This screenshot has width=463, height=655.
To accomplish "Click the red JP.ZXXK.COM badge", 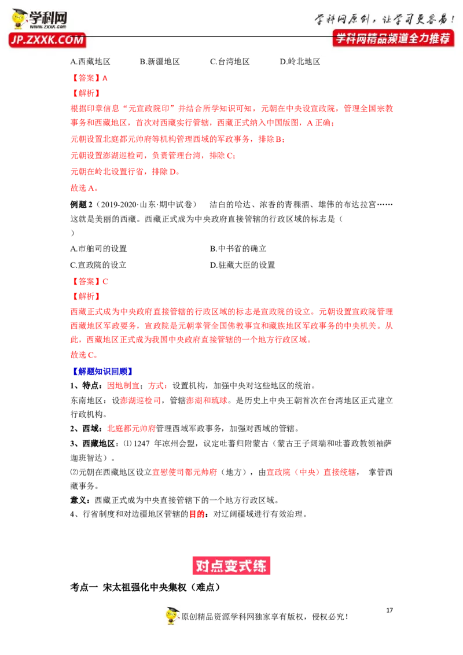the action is tap(47, 40).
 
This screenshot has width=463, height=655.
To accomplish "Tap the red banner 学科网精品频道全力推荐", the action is tap(393, 38).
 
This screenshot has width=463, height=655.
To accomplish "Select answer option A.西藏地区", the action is tap(90, 62).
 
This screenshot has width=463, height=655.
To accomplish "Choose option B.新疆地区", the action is tap(160, 62).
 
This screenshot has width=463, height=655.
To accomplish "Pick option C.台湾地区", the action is tap(230, 62).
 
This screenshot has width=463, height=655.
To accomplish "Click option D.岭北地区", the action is tap(300, 62).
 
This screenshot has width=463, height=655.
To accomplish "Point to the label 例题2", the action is tap(82, 204).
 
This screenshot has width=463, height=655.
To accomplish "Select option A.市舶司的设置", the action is tap(98, 249).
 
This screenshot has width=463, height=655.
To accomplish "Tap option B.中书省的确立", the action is tap(238, 249).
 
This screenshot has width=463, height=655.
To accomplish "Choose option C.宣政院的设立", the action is tap(98, 265).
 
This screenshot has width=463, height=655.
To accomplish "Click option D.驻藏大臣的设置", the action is tap(242, 265).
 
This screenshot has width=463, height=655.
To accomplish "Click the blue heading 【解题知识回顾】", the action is tap(102, 371).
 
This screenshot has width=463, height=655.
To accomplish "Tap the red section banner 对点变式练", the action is tap(231, 566).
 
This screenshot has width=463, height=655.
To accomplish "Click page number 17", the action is tap(389, 610).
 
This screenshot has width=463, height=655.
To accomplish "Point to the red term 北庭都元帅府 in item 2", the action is tap(131, 429).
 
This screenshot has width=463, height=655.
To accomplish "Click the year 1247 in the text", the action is tap(142, 444).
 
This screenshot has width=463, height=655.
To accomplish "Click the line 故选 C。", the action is tap(84, 355).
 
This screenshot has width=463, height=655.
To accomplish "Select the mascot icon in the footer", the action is tap(172, 616).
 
